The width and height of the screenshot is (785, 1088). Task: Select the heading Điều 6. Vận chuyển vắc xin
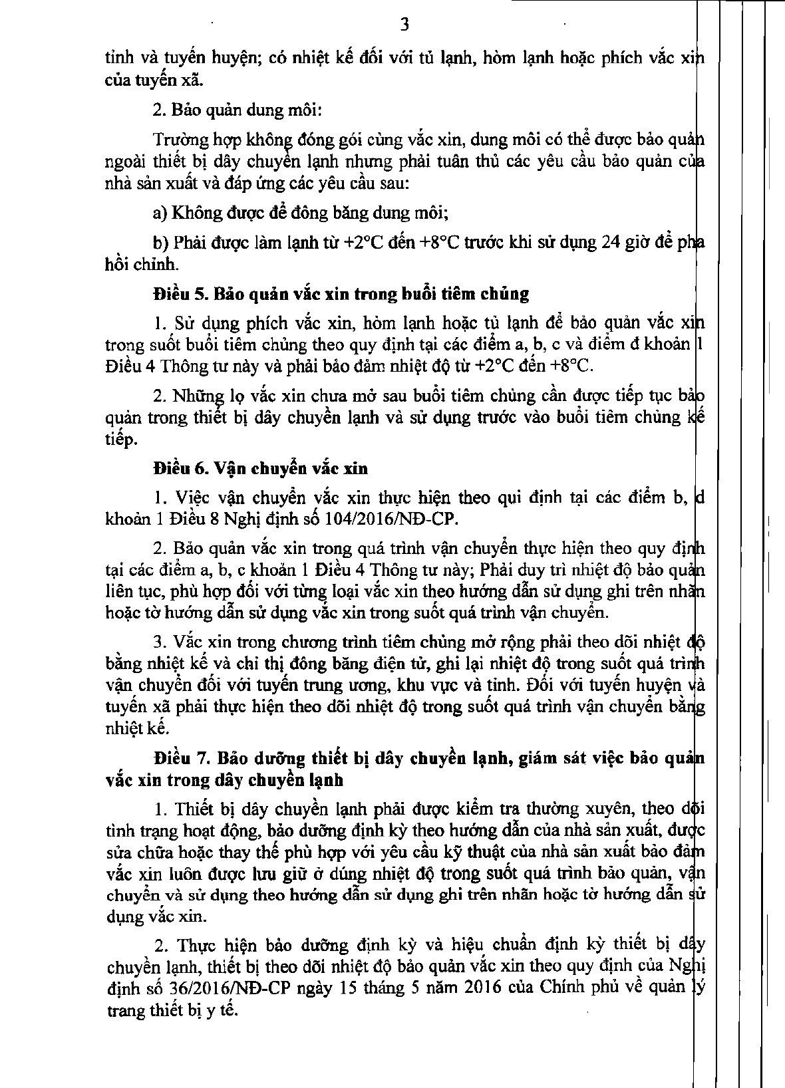[x=260, y=468]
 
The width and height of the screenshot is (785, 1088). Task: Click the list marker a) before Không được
[x=160, y=213]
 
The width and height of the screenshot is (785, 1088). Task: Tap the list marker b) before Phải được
[x=160, y=242]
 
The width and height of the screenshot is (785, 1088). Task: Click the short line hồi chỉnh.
[x=142, y=264]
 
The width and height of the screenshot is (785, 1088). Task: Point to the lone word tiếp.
[x=121, y=440]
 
